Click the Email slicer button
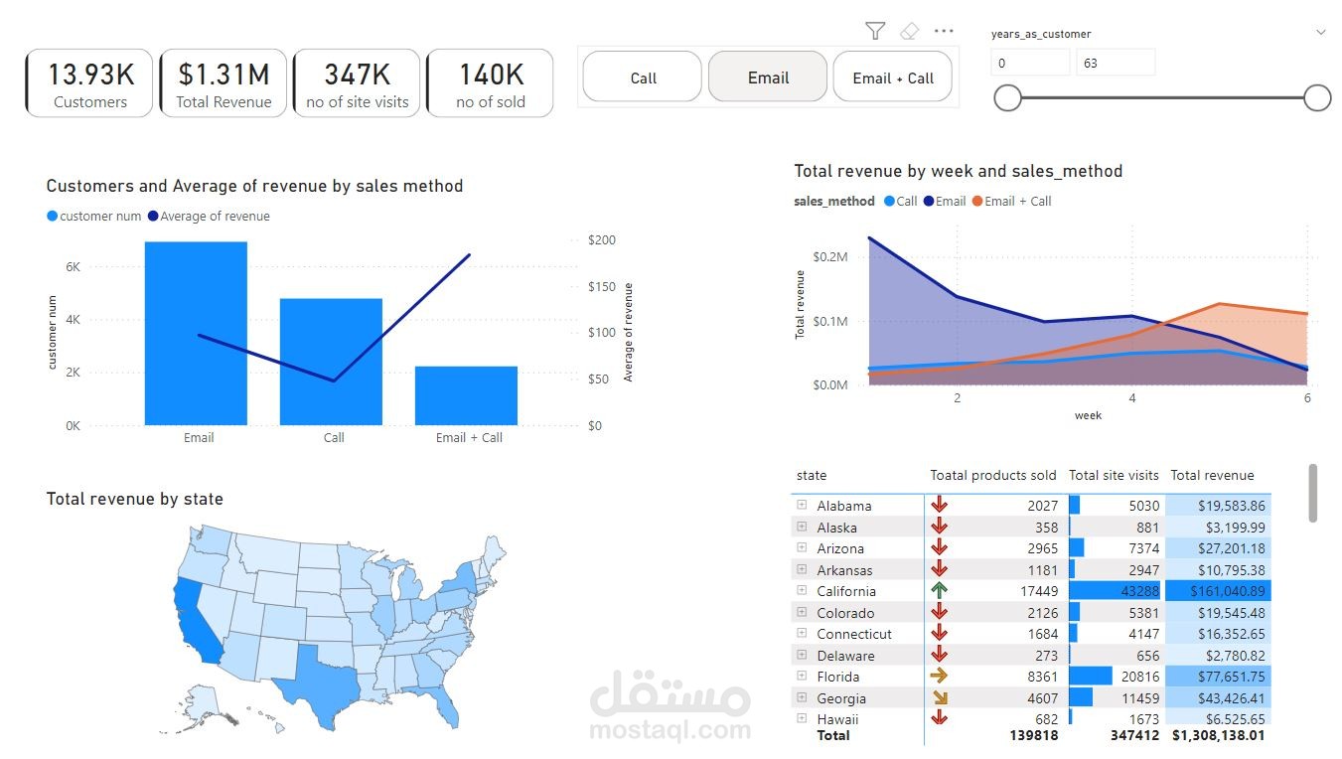click(x=767, y=77)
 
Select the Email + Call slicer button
click(x=892, y=77)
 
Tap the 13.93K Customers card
click(x=89, y=83)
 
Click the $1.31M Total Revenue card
click(x=224, y=83)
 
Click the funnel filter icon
click(x=874, y=32)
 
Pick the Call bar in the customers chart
click(x=331, y=362)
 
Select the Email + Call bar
click(x=466, y=395)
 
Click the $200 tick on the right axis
click(x=602, y=240)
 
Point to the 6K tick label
click(x=73, y=267)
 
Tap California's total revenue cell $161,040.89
click(x=1218, y=591)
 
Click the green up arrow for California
click(x=939, y=591)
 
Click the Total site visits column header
click(x=1114, y=476)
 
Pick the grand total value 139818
click(x=1033, y=736)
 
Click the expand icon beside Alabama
click(x=802, y=505)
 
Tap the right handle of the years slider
click(x=1317, y=97)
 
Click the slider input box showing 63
click(x=1115, y=64)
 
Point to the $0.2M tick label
click(x=829, y=257)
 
